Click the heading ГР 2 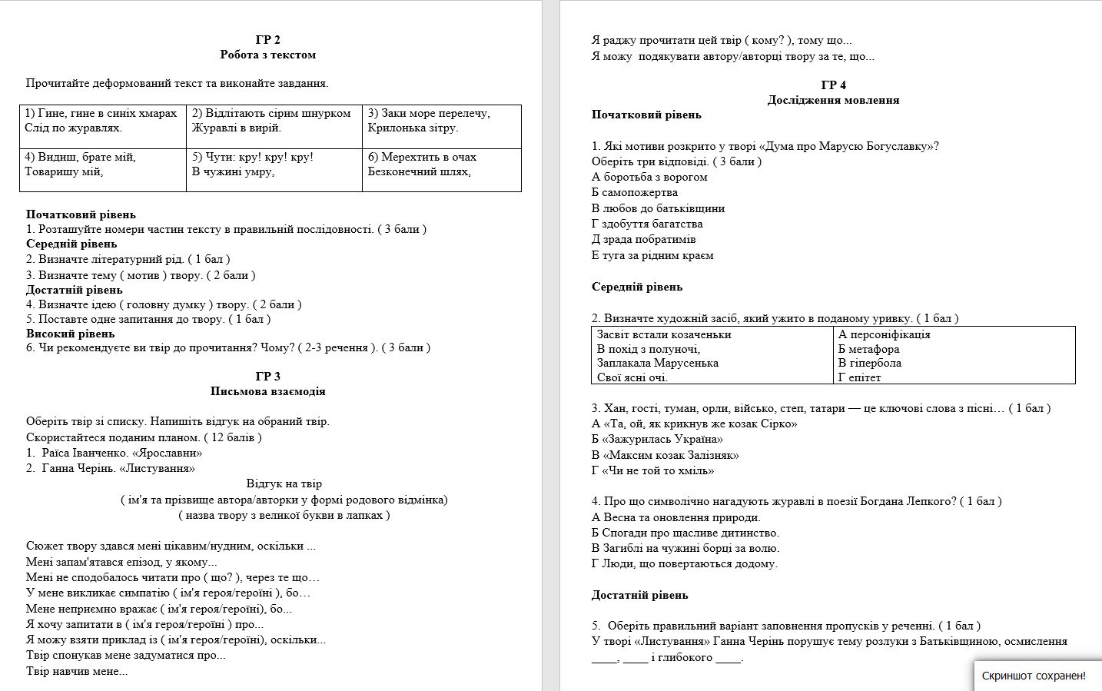(267, 40)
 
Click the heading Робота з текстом (267, 55)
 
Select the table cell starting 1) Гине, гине (102, 121)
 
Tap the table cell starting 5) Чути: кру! (274, 164)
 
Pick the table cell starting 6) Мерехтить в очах (441, 164)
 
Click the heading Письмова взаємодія (267, 391)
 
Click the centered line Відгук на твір (284, 483)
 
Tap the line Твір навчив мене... (77, 671)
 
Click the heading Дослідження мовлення (833, 100)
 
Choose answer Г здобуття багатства (647, 224)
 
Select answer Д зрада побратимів (643, 239)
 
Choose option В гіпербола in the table (869, 363)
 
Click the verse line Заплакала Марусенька (657, 363)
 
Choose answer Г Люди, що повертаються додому (684, 563)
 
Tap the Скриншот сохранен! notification (1034, 676)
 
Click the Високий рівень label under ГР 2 (70, 334)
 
